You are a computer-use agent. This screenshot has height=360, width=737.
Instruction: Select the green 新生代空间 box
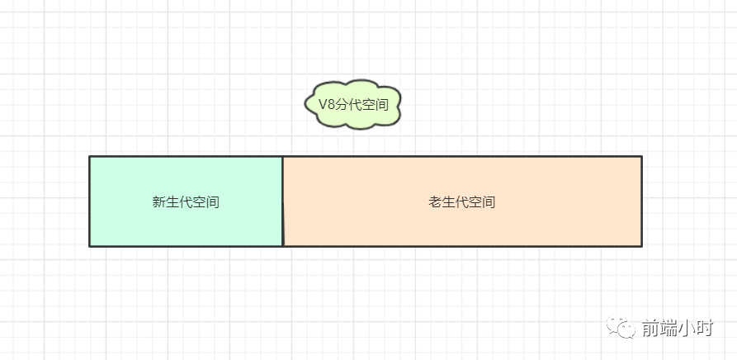[186, 201]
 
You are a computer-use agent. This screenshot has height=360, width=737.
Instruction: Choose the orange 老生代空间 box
[462, 201]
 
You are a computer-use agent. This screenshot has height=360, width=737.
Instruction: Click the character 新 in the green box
[159, 202]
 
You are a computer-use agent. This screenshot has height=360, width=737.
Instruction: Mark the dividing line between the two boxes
[282, 201]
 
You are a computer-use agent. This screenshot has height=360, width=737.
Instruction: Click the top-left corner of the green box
[90, 157]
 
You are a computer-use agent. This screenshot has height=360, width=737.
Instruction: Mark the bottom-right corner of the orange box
[641, 245]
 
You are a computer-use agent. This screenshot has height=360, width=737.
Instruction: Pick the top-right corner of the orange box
[641, 157]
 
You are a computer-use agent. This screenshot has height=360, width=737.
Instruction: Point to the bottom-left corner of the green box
[90, 245]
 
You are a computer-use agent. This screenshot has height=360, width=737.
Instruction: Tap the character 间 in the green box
[213, 202]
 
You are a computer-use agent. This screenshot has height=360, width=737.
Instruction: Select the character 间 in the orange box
[489, 202]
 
